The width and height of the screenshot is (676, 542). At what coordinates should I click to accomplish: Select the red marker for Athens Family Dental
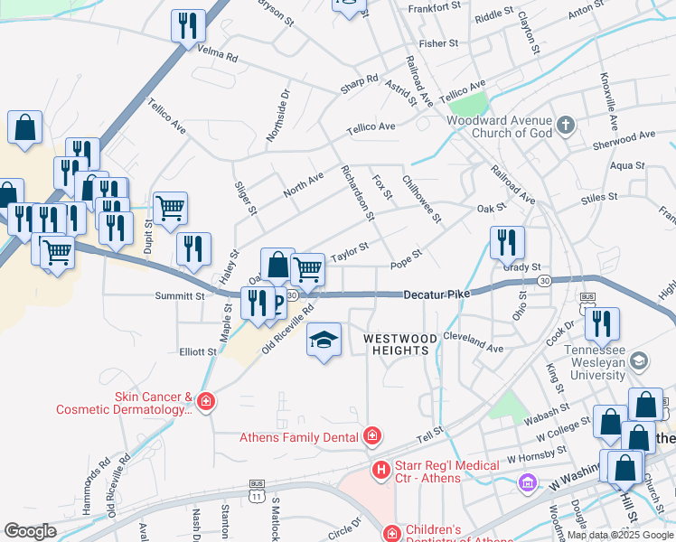[x=371, y=437]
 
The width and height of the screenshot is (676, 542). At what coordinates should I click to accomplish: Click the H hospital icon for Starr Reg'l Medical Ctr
[x=381, y=470]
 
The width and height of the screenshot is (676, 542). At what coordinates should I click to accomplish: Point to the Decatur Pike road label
[x=432, y=294]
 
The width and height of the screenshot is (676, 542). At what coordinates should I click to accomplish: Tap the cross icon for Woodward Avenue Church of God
[x=566, y=126]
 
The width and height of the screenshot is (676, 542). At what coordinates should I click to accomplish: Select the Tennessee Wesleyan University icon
[x=638, y=361]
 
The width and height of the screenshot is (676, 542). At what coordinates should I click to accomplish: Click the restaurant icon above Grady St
[x=507, y=242]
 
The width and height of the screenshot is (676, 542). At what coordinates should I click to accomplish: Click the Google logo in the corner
[x=30, y=530]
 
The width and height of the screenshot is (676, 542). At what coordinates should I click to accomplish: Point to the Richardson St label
[x=357, y=192]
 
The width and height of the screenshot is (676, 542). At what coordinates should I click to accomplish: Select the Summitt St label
[x=180, y=295]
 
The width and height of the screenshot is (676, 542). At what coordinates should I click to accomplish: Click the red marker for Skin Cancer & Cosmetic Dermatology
[x=206, y=401]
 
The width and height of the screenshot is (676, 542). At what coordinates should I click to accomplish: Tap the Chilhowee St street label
[x=421, y=200]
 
